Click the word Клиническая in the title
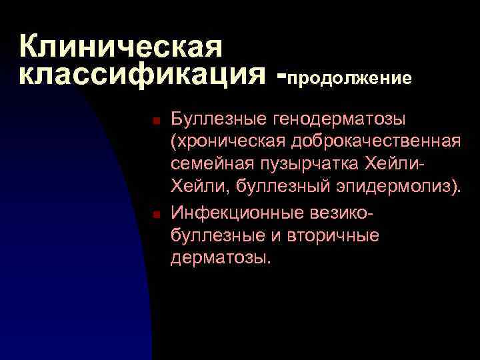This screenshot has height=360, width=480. pos(120,47)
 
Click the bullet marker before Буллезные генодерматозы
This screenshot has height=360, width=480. pos(155,121)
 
